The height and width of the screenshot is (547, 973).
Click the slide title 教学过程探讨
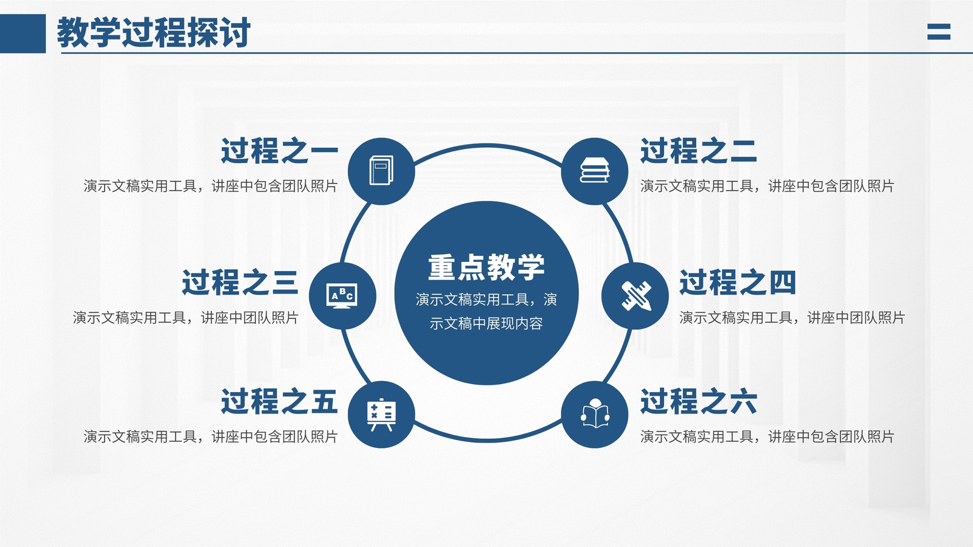(154, 33)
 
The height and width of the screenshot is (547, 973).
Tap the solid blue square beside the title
(23, 33)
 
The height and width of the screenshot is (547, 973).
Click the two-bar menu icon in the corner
(939, 32)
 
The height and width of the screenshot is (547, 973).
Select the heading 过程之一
(279, 151)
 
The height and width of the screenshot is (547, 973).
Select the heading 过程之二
(699, 151)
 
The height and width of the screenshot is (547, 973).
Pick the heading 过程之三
(240, 282)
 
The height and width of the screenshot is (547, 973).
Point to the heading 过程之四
(738, 282)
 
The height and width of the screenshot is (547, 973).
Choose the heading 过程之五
(279, 401)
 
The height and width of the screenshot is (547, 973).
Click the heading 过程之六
(699, 401)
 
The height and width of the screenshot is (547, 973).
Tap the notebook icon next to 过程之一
(381, 170)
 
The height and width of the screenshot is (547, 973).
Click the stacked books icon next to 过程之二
(595, 170)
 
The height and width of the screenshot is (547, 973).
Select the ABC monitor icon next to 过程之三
(342, 296)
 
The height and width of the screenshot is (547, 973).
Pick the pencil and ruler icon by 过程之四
(636, 295)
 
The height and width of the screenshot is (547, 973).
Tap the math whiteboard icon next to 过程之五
(381, 415)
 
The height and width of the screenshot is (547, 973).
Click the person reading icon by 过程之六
(595, 413)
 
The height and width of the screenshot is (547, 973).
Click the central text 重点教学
(486, 267)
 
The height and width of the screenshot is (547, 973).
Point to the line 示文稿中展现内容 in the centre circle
(486, 323)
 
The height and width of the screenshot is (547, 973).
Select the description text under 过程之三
(185, 318)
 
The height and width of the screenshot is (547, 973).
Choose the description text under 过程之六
(767, 436)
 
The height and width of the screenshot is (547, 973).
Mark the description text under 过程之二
(767, 186)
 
